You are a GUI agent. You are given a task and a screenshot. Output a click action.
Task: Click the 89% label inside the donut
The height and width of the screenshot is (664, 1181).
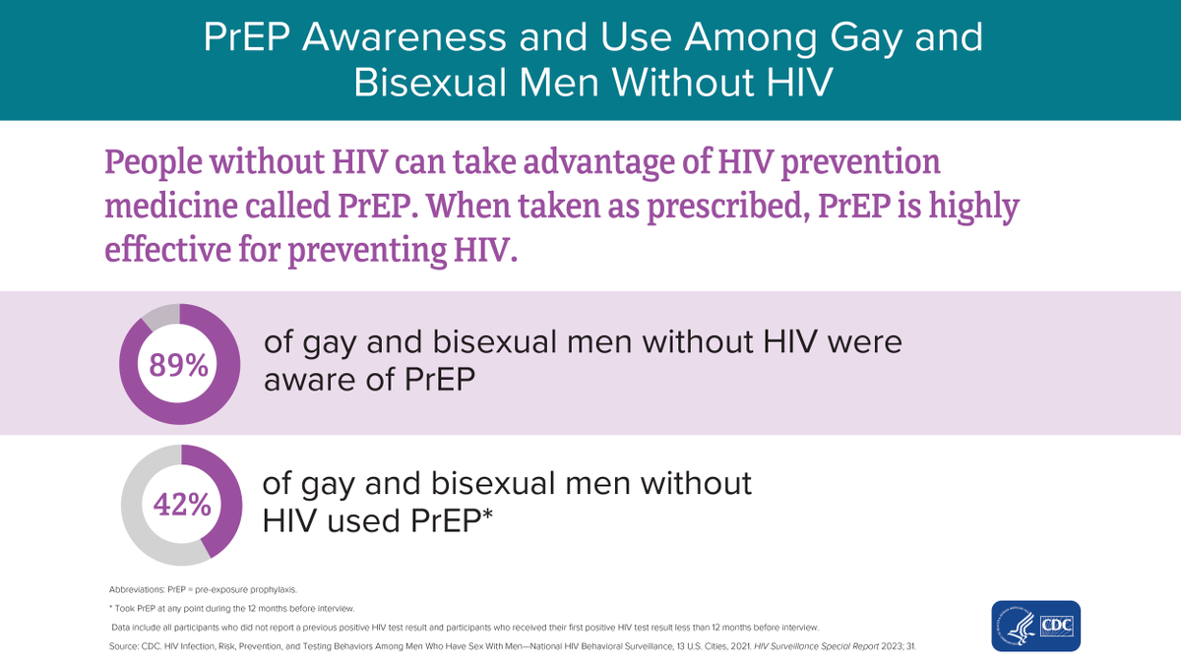pyautogui.click(x=178, y=365)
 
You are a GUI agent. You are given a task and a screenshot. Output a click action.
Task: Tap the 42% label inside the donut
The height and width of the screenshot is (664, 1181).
pyautogui.click(x=181, y=506)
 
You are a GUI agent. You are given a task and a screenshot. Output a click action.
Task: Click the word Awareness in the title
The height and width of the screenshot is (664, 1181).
pyautogui.click(x=382, y=38)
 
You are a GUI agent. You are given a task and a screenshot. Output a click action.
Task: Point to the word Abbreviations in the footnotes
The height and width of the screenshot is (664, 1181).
pyautogui.click(x=136, y=588)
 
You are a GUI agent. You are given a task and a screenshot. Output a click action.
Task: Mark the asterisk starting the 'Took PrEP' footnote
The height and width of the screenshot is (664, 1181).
pyautogui.click(x=111, y=608)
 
